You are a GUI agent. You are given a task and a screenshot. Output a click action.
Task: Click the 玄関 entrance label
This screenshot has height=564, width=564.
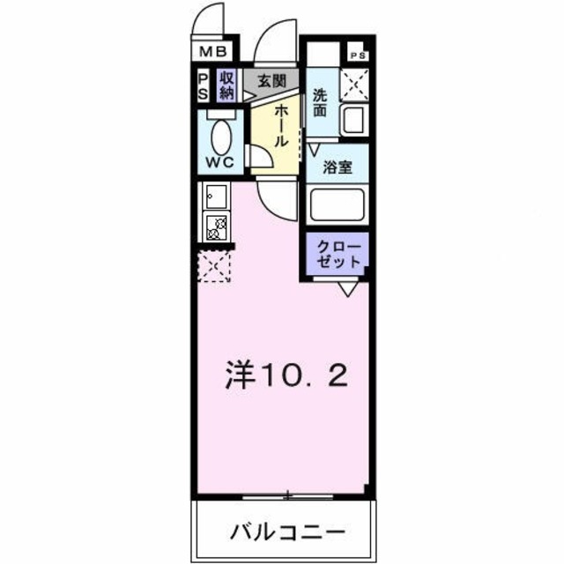(271, 81)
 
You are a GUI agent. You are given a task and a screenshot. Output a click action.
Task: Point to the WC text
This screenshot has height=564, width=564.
(219, 162)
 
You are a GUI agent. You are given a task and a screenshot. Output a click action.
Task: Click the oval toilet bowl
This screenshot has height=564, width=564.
(222, 136)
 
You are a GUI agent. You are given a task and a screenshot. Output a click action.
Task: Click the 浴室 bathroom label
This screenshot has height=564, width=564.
(338, 167)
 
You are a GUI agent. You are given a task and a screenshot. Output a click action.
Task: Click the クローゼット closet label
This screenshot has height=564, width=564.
(338, 254)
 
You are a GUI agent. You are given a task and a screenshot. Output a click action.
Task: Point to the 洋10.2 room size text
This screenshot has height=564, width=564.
(284, 376)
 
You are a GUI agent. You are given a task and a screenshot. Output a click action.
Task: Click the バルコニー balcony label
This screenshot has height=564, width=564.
(284, 532)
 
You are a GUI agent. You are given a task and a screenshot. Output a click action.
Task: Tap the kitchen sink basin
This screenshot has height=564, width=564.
(216, 196)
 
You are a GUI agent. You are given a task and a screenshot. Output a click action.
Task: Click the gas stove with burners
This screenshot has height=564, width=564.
(217, 227)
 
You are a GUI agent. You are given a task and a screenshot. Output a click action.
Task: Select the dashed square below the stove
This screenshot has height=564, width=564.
(214, 265)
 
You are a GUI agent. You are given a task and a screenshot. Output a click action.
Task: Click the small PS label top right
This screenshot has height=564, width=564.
(359, 55)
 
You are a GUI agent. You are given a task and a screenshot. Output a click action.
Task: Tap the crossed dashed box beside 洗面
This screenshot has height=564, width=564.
(354, 85)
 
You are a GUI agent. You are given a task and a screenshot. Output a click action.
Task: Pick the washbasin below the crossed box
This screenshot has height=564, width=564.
(354, 119)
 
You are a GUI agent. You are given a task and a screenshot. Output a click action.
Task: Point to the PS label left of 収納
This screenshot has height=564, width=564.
(202, 85)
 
